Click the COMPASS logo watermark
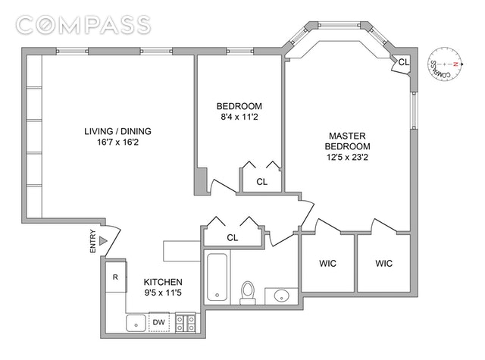coord(83,25)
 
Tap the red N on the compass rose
coord(455,64)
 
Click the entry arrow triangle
coord(103,240)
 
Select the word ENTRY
coord(92,241)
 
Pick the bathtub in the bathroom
coord(217,277)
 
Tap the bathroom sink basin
coord(281,296)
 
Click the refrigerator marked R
coord(116,277)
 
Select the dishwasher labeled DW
coord(158,322)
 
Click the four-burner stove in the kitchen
coord(186,323)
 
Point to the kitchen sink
coord(136,323)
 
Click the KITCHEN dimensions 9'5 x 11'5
coord(163,293)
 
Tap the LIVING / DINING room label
coord(118,131)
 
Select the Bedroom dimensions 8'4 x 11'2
coord(239,117)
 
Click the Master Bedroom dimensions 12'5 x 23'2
coord(347,157)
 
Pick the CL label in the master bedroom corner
coord(404,62)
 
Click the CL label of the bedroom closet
coord(262,182)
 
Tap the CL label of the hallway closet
coord(233,237)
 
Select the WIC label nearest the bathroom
coord(328,264)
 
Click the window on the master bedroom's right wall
coord(414,111)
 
